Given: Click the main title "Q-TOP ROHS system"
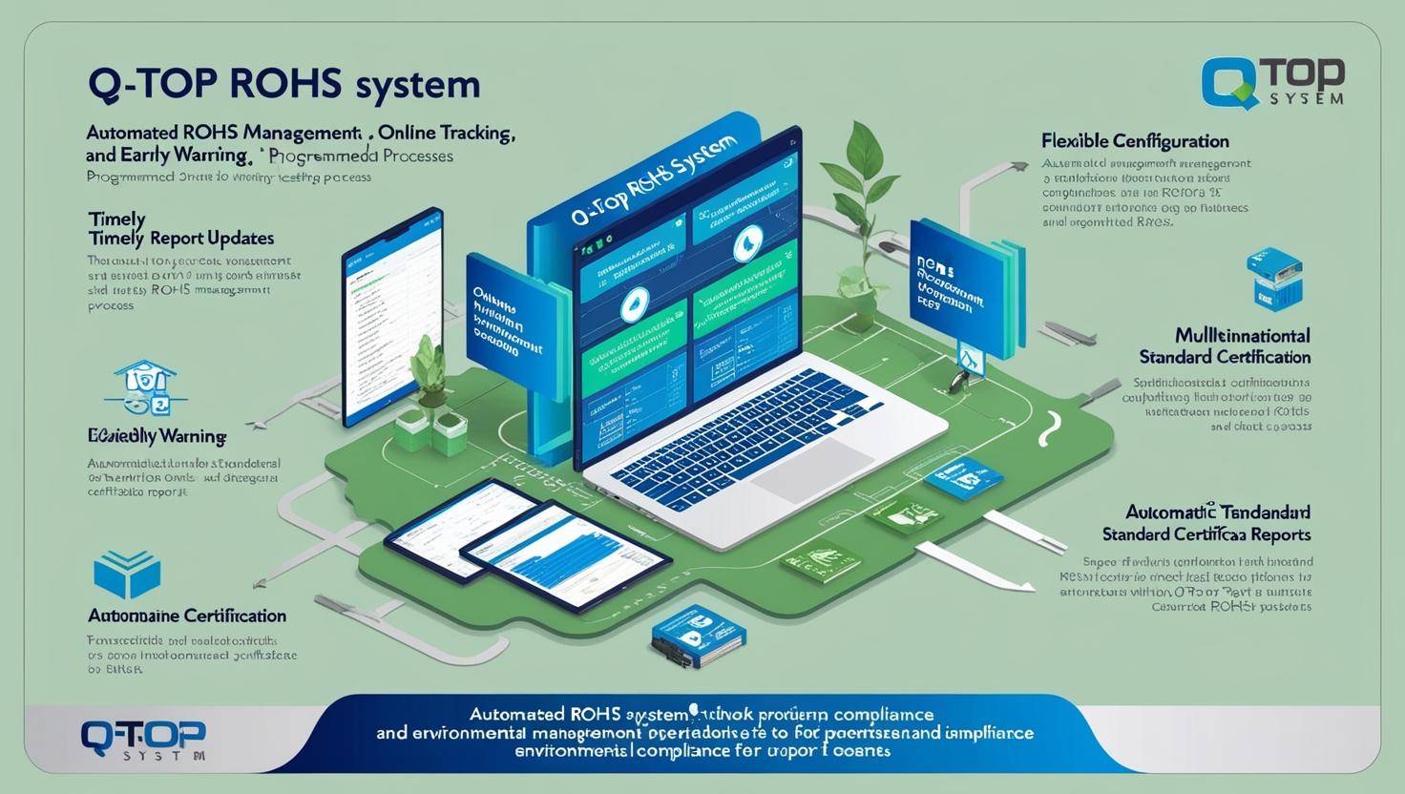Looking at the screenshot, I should point(283,84).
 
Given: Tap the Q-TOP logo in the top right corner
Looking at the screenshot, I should point(1273,84).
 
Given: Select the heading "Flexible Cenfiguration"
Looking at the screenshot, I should point(1135,141).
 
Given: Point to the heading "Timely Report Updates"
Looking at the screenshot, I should point(180,238).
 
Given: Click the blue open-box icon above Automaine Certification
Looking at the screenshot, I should point(127,575).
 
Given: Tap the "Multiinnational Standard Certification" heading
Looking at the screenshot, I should point(1225,346).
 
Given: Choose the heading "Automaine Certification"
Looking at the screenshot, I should point(186,616).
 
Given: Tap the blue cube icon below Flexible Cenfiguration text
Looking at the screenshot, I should point(1274,279).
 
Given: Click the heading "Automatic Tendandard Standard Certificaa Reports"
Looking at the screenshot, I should point(1206,523).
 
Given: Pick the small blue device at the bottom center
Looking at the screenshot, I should point(699,632).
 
